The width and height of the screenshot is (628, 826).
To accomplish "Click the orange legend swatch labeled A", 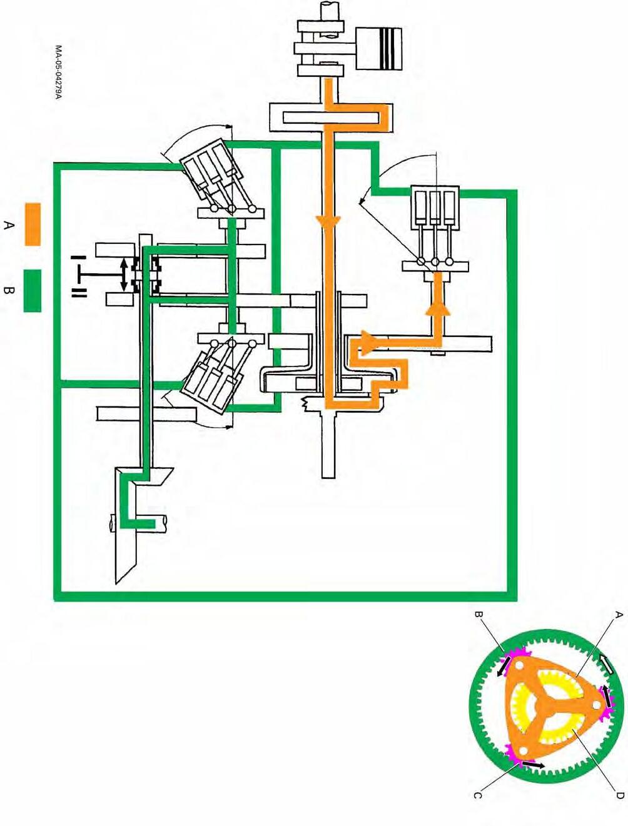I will (33, 224).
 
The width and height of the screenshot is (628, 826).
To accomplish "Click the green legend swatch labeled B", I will (33, 291).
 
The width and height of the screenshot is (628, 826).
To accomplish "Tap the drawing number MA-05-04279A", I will (58, 72).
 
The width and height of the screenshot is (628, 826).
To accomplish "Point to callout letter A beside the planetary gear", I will (618, 615).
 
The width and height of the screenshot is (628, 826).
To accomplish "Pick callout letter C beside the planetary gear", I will (477, 795).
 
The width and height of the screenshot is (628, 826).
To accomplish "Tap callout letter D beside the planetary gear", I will (619, 795).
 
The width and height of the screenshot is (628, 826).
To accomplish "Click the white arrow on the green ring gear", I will (605, 663).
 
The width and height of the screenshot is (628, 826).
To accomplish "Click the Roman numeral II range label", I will (79, 293).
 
